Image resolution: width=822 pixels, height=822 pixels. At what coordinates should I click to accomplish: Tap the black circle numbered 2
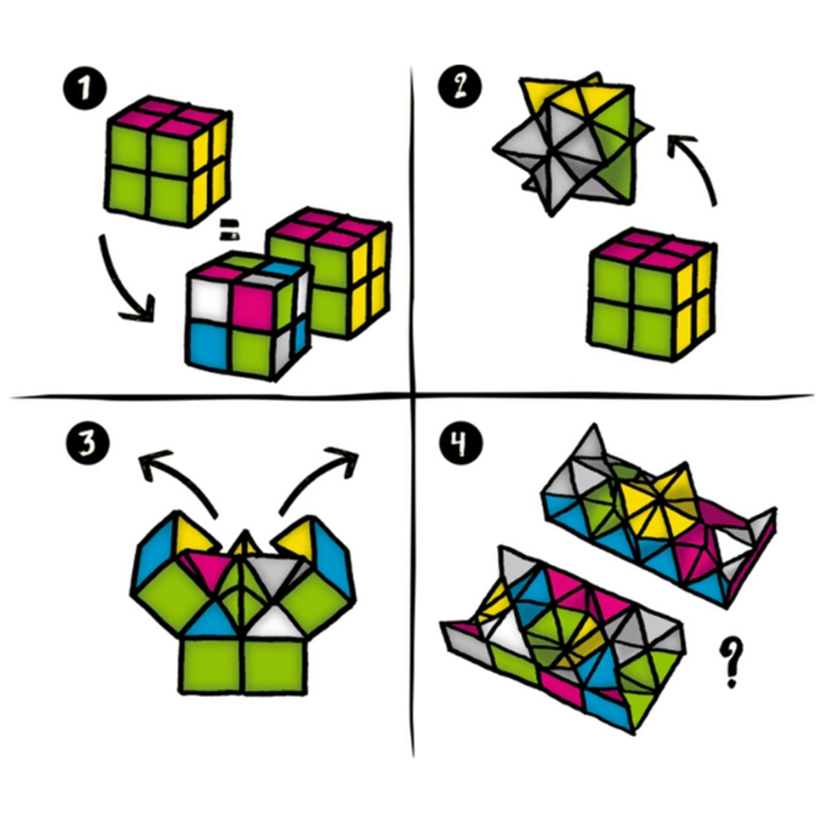pyautogui.click(x=459, y=86)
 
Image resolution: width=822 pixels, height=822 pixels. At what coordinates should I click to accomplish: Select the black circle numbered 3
pyautogui.click(x=88, y=442)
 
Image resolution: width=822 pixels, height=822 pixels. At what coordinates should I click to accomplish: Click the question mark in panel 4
pyautogui.click(x=731, y=662)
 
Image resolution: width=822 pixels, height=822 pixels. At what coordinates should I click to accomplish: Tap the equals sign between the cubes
pyautogui.click(x=229, y=230)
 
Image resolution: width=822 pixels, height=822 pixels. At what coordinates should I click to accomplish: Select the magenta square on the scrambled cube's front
pyautogui.click(x=254, y=307)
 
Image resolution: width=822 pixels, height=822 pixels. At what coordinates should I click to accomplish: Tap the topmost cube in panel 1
pyautogui.click(x=169, y=161)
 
